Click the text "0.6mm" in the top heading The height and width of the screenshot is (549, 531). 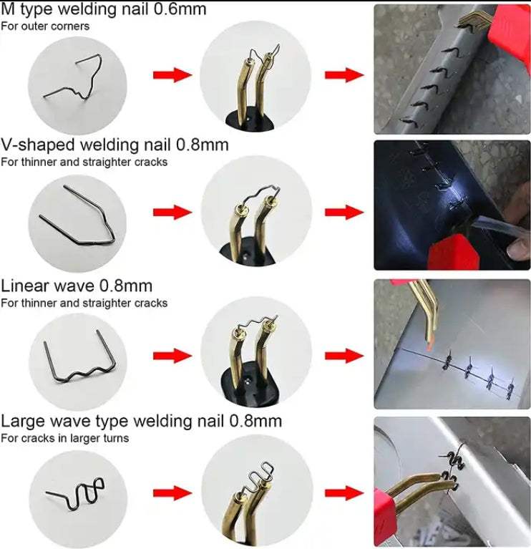pyautogui.click(x=180, y=9)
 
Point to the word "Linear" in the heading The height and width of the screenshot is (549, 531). pyautogui.click(x=25, y=286)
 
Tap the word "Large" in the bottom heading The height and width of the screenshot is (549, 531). pyautogui.click(x=23, y=422)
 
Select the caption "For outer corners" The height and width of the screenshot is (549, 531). pyautogui.click(x=45, y=26)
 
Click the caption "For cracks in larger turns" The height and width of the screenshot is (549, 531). pyautogui.click(x=64, y=438)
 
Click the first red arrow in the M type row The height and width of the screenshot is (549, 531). pyautogui.click(x=172, y=75)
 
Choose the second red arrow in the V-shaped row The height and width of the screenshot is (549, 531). pyautogui.click(x=344, y=212)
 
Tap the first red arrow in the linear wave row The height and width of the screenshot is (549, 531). pyautogui.click(x=172, y=356)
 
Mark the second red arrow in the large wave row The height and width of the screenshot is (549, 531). pyautogui.click(x=344, y=493)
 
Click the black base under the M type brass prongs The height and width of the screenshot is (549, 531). pyautogui.click(x=249, y=121)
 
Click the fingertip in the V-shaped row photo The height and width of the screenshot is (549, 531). pyautogui.click(x=518, y=248)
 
